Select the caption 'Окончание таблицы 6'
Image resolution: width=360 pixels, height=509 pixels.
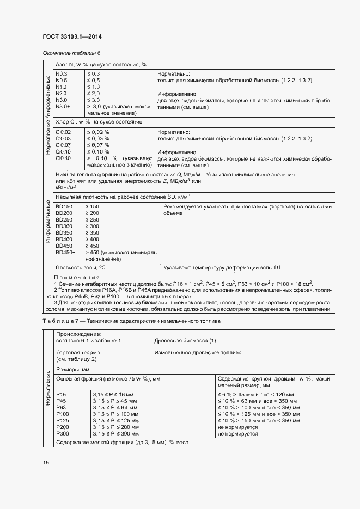pyautogui.click(x=71, y=53)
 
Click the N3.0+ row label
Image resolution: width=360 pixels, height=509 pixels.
pyautogui.click(x=63, y=107)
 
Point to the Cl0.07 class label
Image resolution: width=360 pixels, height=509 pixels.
pyautogui.click(x=64, y=145)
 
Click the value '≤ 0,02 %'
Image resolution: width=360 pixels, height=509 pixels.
pyautogui.click(x=98, y=132)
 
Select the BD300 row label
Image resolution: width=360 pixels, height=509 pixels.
pyautogui.click(x=64, y=226)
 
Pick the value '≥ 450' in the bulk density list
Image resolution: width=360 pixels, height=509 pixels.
pyautogui.click(x=92, y=246)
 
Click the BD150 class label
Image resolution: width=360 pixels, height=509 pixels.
pyautogui.click(x=64, y=206)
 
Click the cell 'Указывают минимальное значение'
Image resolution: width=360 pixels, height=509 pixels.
pyautogui.click(x=251, y=174)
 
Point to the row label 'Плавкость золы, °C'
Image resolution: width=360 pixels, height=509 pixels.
pyautogui.click(x=80, y=267)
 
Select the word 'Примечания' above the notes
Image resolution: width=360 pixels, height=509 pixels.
pyautogui.click(x=74, y=277)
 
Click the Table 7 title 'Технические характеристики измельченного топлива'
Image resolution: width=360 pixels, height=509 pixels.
pyautogui.click(x=153, y=321)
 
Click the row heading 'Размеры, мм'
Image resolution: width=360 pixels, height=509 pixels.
pyautogui.click(x=74, y=369)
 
